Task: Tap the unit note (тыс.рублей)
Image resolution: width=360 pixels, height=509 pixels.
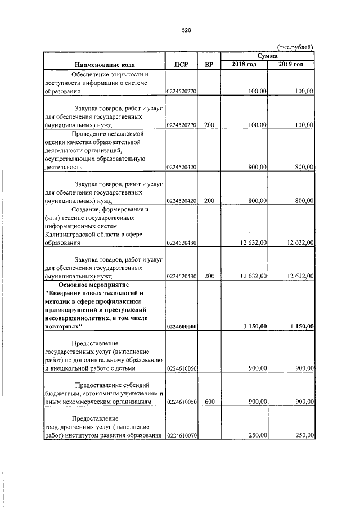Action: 295,47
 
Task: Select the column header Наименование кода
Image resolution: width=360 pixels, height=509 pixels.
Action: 104,65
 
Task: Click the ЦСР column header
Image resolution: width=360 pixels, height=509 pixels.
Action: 181,65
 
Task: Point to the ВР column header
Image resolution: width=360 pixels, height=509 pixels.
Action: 209,65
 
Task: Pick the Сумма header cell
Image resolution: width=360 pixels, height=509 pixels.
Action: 267,56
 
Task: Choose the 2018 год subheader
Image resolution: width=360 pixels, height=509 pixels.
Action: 244,65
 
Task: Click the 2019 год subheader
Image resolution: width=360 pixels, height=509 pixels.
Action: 291,65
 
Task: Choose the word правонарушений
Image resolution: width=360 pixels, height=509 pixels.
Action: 77,309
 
